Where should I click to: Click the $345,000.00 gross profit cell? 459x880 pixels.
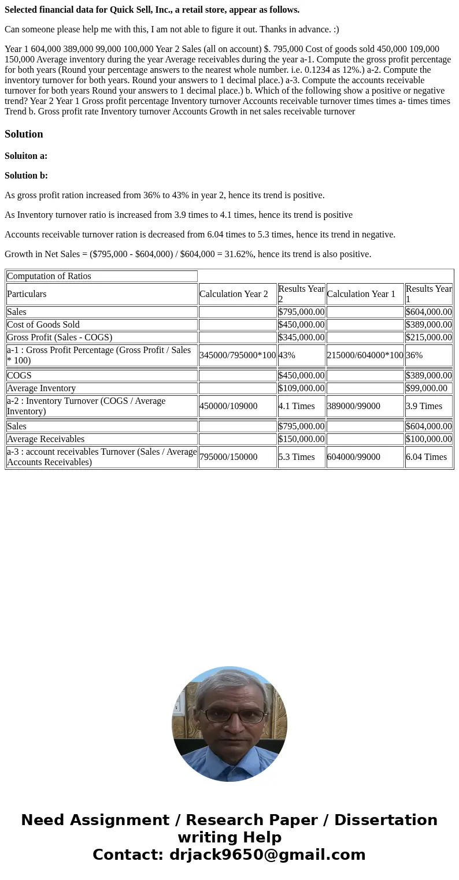click(x=301, y=337)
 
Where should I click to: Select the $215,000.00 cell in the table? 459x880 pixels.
click(x=428, y=337)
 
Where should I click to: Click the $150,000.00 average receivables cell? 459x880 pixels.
click(x=301, y=439)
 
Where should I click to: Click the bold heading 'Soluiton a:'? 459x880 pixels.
click(x=26, y=156)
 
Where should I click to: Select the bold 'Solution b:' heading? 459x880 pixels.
click(x=26, y=176)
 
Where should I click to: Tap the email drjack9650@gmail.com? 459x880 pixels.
click(x=267, y=855)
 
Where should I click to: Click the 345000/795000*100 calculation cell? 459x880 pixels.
click(x=238, y=355)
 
